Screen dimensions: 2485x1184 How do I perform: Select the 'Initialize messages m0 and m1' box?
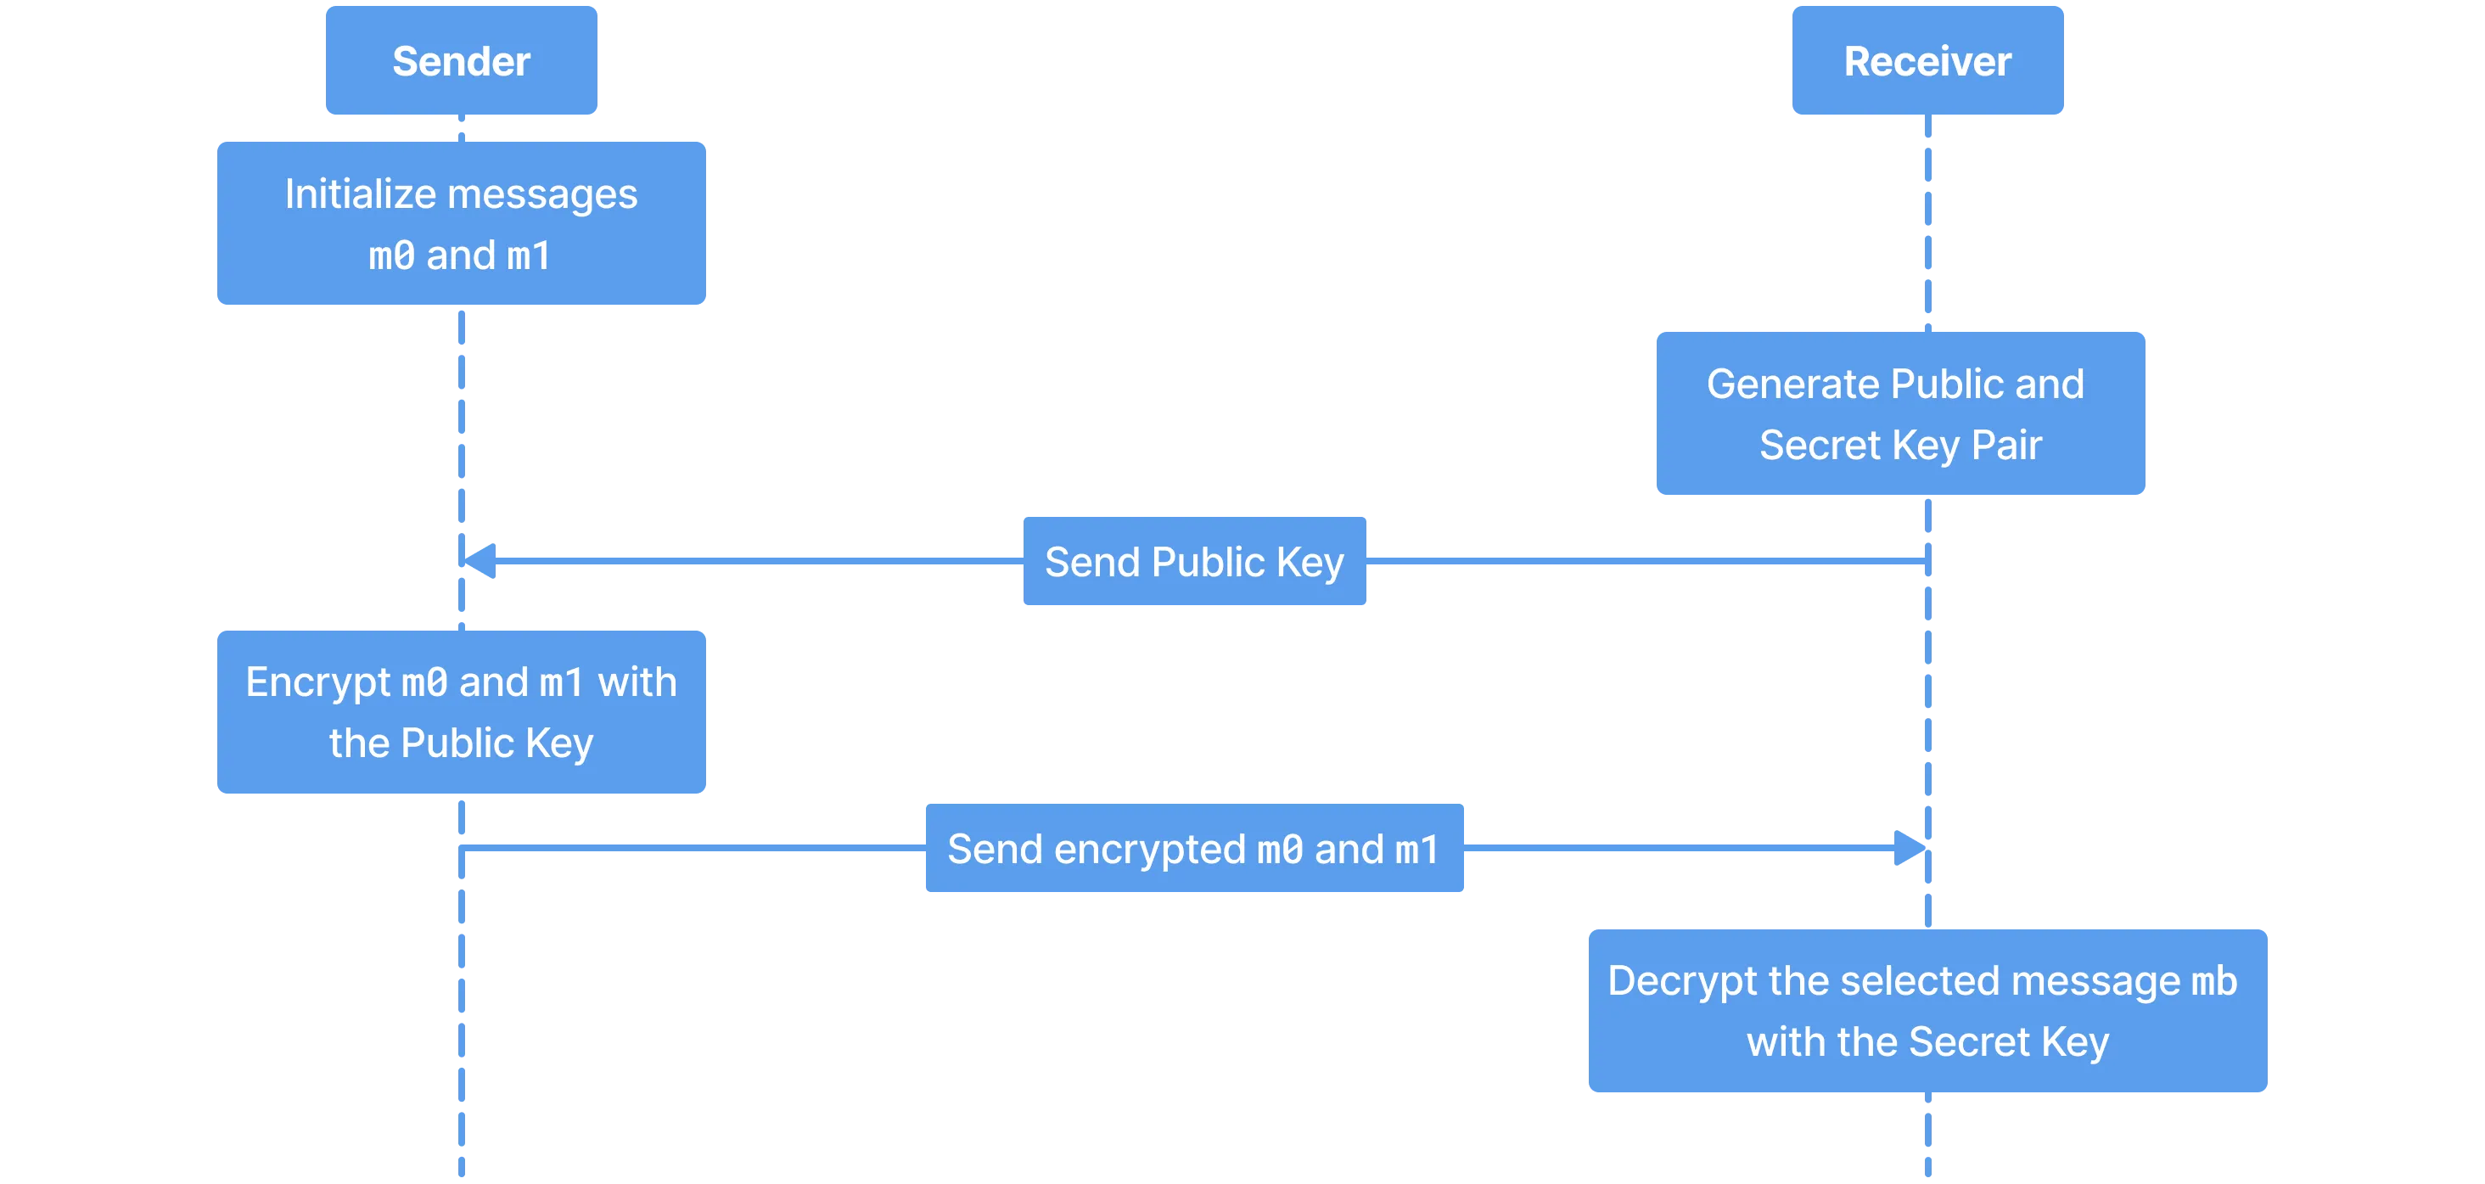pyautogui.click(x=461, y=223)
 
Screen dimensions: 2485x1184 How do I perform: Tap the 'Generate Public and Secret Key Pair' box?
pyautogui.click(x=1900, y=413)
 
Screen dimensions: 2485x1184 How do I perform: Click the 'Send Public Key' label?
pyautogui.click(x=1194, y=561)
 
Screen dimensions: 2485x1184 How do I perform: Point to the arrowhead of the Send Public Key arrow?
pyautogui.click(x=480, y=561)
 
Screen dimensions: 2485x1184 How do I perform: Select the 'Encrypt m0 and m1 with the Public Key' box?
pyautogui.click(x=461, y=712)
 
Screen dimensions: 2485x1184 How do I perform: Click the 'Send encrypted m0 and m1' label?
pyautogui.click(x=1194, y=848)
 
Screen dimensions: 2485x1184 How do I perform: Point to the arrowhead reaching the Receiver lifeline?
pyautogui.click(x=1910, y=848)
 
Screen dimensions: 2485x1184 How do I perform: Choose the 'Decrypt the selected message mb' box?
pyautogui.click(x=1927, y=1010)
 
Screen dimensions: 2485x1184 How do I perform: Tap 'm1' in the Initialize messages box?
pyautogui.click(x=529, y=255)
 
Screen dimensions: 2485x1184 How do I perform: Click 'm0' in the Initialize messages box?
pyautogui.click(x=391, y=255)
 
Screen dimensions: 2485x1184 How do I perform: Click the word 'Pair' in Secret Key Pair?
pyautogui.click(x=2006, y=445)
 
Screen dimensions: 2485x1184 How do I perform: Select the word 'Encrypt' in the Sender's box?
pyautogui.click(x=318, y=683)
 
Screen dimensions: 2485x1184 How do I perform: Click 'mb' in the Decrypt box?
pyautogui.click(x=2214, y=981)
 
